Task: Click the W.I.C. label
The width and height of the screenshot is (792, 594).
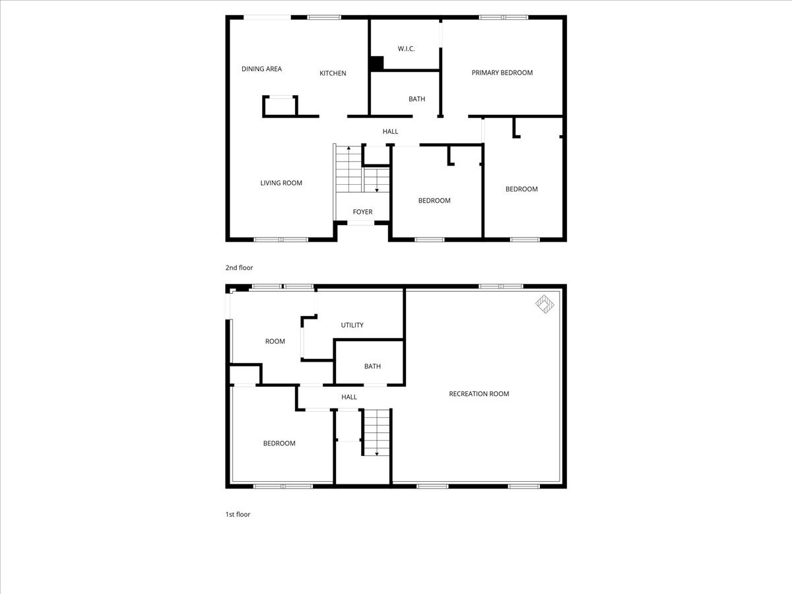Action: (406, 49)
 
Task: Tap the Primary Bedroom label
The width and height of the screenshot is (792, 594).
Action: (502, 73)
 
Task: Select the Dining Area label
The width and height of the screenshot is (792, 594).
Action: (261, 69)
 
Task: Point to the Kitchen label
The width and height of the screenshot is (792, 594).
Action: (333, 73)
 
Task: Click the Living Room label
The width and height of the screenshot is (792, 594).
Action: (281, 183)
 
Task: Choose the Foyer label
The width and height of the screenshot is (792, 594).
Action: (362, 212)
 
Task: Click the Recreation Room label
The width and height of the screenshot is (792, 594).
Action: (478, 394)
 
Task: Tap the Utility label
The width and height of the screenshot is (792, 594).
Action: (352, 325)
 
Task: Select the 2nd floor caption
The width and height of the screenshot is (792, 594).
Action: (239, 268)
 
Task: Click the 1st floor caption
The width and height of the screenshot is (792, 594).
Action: (238, 514)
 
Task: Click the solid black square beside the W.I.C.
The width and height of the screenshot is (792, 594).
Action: (376, 63)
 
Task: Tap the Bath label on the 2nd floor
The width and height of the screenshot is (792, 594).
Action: (416, 99)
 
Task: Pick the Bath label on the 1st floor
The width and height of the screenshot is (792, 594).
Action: (372, 366)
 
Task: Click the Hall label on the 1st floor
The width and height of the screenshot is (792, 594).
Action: (348, 397)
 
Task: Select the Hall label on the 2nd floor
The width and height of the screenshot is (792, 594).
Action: (390, 131)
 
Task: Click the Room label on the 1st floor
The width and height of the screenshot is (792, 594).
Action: (275, 341)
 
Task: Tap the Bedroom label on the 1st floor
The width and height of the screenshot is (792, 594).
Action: (279, 444)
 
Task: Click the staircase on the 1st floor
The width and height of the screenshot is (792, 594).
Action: (376, 432)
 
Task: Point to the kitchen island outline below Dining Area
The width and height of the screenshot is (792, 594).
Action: (280, 107)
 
